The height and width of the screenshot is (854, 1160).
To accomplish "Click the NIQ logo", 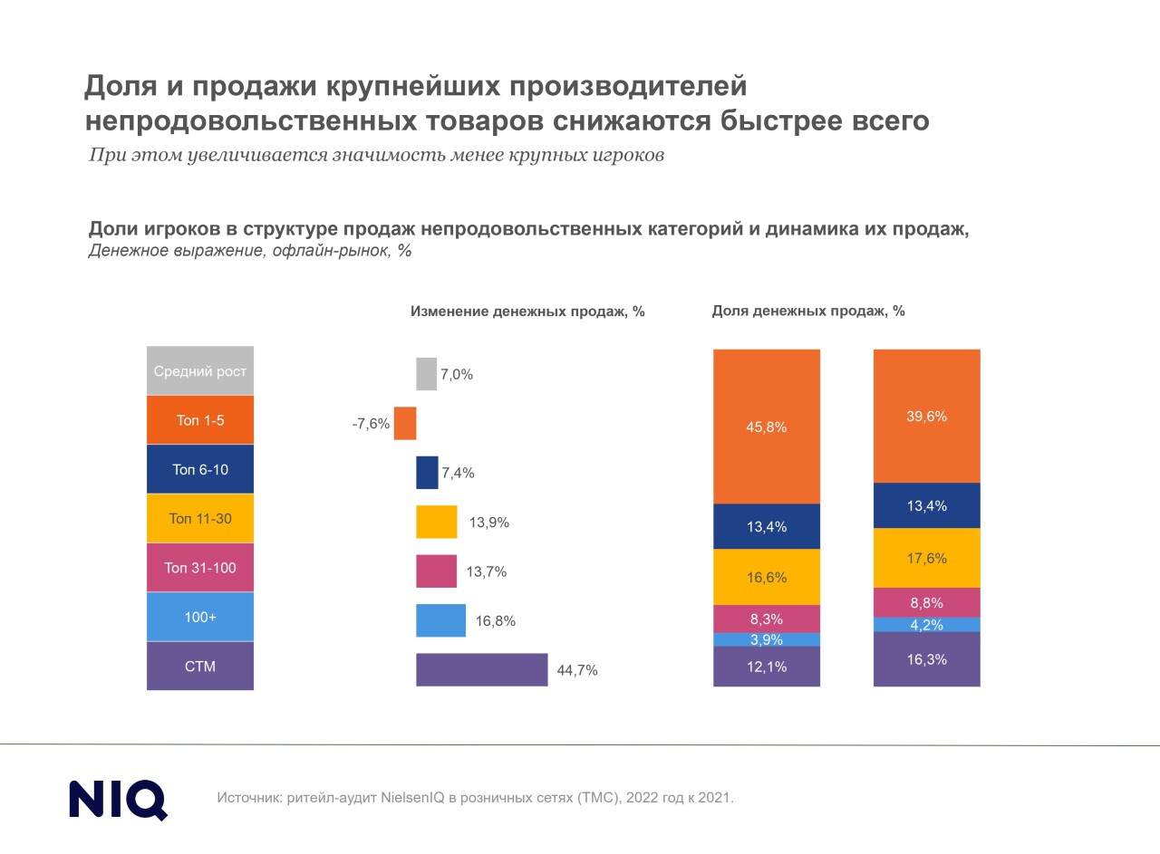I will coord(118,799).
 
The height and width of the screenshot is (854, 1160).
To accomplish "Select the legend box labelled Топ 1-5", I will coord(200,420).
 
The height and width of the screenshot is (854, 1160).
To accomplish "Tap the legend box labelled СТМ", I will coord(200,667).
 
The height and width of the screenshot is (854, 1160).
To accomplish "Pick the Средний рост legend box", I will coord(200,371).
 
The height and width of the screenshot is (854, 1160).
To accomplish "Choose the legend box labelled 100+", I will coord(200,618).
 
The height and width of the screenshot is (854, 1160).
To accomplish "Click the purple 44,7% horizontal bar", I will coord(482,670).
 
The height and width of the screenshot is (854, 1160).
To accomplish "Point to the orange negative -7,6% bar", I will coord(405,424).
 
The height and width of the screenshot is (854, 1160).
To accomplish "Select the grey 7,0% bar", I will coord(426,374).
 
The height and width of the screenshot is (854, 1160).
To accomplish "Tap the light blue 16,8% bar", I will coord(440,620).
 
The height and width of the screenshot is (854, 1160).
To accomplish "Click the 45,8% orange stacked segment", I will coord(767,427).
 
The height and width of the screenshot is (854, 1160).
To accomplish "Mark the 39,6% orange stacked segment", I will coord(926,416).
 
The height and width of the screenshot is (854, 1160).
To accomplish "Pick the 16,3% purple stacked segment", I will coord(926,659).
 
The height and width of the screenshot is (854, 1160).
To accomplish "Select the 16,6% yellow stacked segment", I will coord(767,577).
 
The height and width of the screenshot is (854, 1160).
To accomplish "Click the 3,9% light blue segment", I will coord(767,639).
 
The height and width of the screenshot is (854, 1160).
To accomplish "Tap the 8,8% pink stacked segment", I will coord(926,602).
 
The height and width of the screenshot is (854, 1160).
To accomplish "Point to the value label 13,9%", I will coord(489,523).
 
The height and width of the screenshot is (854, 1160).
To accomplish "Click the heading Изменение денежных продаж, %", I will coord(527,312).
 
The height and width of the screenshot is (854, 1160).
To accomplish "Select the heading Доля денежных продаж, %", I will coord(808,311).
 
